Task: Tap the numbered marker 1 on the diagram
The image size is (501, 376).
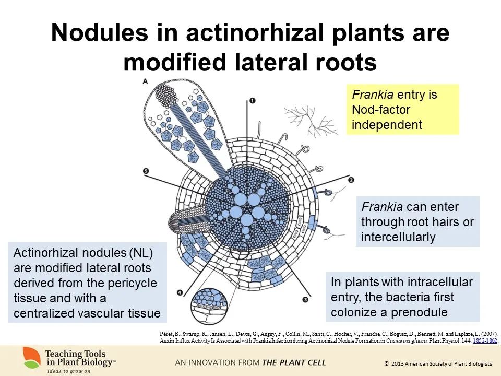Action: pos(252,100)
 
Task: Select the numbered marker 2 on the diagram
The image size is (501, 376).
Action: pos(351,180)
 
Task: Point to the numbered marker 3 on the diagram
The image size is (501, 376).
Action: pos(305,299)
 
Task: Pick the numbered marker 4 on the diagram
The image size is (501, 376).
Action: pos(180,293)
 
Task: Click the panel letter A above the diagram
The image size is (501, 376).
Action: pos(145,81)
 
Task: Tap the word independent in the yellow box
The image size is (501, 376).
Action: pos(387,125)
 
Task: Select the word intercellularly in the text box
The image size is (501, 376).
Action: pos(398,237)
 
